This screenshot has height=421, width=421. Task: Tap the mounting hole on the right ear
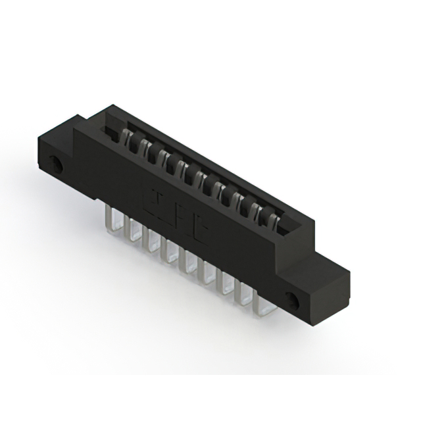[x=293, y=300]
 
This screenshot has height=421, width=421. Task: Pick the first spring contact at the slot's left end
[x=121, y=138]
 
